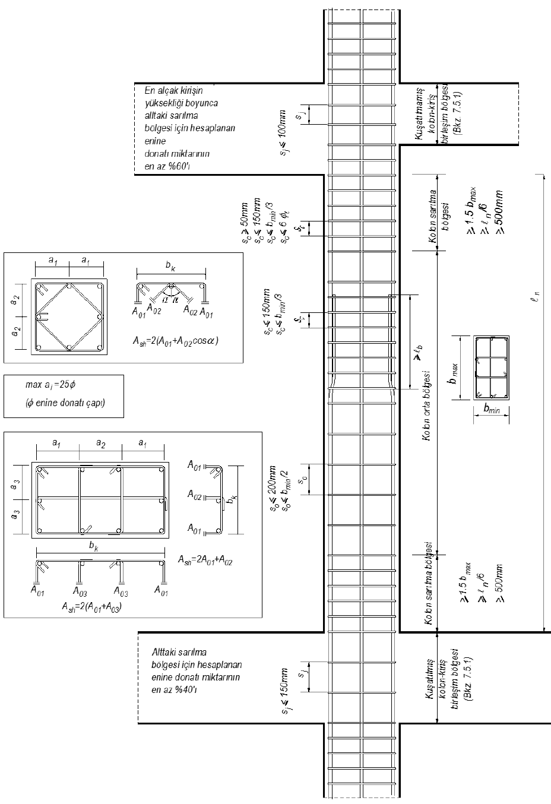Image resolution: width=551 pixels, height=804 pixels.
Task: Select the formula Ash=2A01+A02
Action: point(205,559)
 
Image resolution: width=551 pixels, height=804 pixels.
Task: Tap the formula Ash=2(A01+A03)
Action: point(91,606)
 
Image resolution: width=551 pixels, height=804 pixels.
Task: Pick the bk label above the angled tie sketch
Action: point(172,268)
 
